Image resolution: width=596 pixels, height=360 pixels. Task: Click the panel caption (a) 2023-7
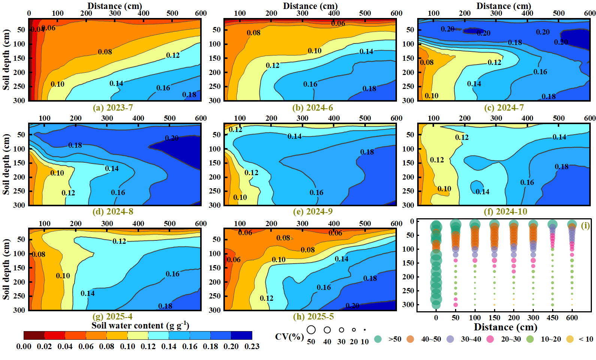[113, 108]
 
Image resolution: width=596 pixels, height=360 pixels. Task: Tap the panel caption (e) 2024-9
[313, 211]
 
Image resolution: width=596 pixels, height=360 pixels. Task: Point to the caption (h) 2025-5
[313, 316]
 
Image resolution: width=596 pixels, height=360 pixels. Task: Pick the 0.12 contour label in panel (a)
[173, 55]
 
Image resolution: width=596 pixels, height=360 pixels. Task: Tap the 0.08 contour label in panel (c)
[427, 62]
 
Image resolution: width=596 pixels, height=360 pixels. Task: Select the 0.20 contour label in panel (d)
[172, 138]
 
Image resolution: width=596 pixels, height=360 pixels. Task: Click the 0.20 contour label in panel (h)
[352, 306]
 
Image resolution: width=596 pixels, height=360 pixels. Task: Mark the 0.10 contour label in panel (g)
[63, 276]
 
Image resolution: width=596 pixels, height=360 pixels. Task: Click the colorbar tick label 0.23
[252, 346]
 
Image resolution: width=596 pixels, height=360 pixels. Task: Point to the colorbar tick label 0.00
[24, 346]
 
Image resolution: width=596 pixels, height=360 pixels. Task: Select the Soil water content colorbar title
[140, 325]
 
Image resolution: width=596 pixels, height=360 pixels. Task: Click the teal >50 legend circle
[378, 339]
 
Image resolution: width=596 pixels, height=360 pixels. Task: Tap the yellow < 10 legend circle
[570, 339]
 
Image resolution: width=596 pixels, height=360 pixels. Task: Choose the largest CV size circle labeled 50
[311, 330]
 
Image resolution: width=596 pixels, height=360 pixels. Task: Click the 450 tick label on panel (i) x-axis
[553, 318]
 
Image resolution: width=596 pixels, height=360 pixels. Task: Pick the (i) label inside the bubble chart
[585, 226]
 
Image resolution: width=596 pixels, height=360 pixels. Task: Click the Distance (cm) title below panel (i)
[506, 327]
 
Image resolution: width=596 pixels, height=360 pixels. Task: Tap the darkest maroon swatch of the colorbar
[34, 336]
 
